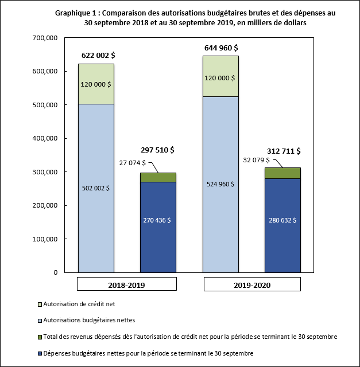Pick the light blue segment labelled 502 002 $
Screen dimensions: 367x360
[x=96, y=188]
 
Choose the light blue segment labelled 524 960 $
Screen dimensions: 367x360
[x=221, y=184]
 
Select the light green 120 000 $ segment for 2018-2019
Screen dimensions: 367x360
[x=96, y=84]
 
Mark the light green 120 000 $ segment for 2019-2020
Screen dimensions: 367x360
[x=221, y=76]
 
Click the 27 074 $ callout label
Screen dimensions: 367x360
[x=132, y=162]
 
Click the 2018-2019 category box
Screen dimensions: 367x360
[x=127, y=284]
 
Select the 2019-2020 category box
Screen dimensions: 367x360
[x=252, y=284]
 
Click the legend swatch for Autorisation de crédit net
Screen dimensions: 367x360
[x=39, y=303]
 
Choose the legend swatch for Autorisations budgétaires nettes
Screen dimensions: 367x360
[x=39, y=320]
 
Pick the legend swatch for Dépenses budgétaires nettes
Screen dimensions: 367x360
[x=39, y=353]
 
